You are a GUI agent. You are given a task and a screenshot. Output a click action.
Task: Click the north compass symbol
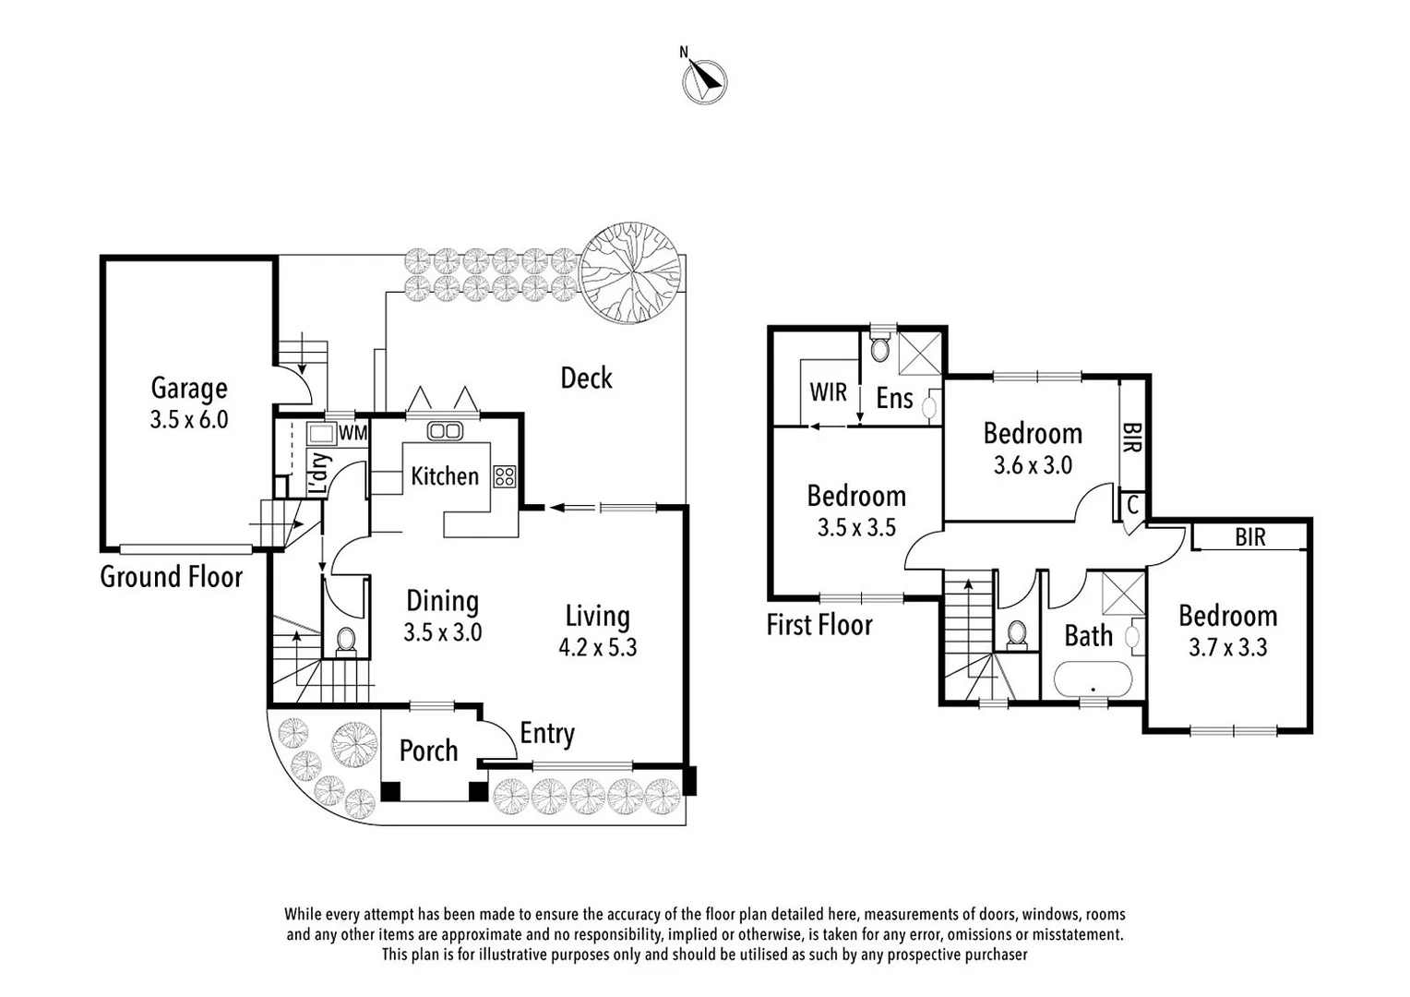click(x=704, y=81)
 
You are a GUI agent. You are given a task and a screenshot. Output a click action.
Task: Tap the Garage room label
click(x=189, y=389)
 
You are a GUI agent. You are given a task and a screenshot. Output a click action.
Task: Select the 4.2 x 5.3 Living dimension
click(x=597, y=647)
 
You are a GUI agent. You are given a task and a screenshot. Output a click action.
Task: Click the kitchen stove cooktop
click(x=504, y=476)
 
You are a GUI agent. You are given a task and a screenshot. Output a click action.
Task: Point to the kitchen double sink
click(x=445, y=431)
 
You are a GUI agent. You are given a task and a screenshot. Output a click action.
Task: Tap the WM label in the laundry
click(x=352, y=433)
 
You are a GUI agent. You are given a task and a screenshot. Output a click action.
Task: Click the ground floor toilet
click(x=347, y=640)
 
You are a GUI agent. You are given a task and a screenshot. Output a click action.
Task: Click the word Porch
click(x=428, y=751)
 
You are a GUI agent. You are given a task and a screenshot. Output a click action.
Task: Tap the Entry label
click(x=547, y=733)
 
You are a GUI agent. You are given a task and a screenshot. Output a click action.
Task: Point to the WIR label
click(x=828, y=391)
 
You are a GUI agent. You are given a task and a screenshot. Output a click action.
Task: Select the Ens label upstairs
click(x=894, y=399)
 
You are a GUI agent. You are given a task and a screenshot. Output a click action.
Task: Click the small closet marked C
click(x=1132, y=506)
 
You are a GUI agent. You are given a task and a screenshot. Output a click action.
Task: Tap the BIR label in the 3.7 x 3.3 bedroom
click(x=1250, y=537)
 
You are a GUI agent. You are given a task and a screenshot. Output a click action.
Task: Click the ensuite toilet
click(x=881, y=348)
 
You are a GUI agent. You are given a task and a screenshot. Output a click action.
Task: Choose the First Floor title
click(x=819, y=625)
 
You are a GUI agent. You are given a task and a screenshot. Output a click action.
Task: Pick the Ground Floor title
click(x=171, y=577)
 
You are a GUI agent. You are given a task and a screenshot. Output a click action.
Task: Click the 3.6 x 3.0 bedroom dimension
click(x=1033, y=465)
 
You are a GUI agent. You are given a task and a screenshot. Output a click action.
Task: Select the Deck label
click(x=586, y=378)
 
